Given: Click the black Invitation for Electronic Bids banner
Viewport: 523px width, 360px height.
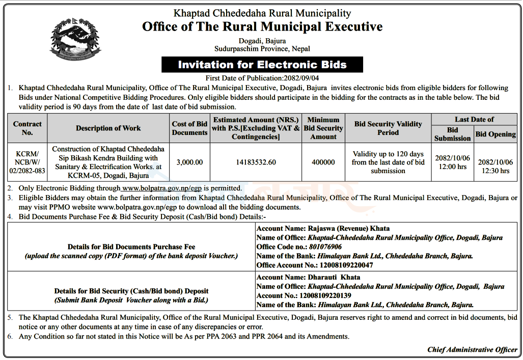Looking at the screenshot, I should (262, 65).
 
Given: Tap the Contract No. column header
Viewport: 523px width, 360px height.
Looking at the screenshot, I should (27, 128).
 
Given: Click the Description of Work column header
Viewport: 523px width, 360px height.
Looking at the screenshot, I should (108, 128).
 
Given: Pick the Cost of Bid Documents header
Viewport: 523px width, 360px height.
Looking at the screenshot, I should (189, 128).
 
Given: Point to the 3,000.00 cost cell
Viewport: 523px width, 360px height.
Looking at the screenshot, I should (189, 162).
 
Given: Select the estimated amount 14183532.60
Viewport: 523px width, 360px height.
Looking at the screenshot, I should (256, 162).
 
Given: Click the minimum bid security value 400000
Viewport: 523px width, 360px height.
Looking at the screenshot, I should (323, 162).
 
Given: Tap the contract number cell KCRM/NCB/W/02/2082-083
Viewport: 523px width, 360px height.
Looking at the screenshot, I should (27, 162).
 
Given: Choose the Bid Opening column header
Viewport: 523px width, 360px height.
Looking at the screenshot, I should (496, 134).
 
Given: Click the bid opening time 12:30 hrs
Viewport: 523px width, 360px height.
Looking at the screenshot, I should (496, 171).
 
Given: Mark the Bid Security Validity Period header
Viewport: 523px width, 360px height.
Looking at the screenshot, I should (388, 128).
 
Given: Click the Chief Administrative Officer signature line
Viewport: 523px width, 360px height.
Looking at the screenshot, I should (472, 350).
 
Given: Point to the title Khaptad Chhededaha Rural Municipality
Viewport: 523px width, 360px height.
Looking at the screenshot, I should (262, 13).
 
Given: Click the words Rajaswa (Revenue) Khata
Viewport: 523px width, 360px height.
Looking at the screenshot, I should (348, 229).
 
